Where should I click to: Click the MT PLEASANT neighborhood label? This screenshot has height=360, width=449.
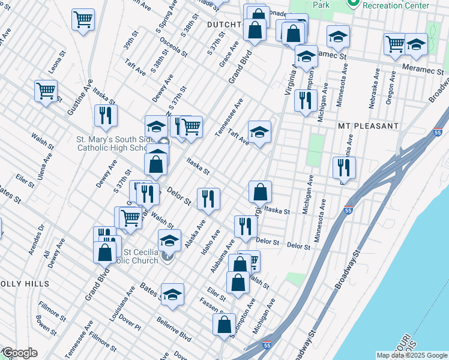(x=368, y=126)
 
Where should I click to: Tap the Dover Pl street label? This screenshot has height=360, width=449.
(x=130, y=323)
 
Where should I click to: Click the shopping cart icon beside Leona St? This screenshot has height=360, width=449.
(x=46, y=91)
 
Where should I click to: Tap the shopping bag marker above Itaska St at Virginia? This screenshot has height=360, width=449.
(x=261, y=191)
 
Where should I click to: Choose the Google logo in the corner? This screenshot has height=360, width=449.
(x=20, y=353)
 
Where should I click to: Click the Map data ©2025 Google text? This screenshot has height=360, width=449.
(x=411, y=355)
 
